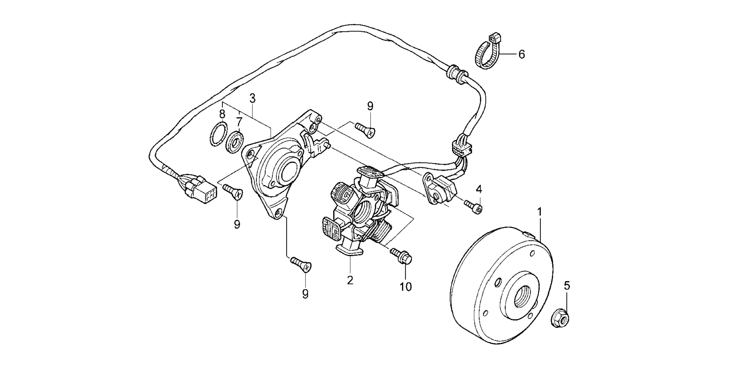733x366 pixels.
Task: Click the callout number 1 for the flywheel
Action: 540,212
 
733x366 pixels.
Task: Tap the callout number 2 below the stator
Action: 349,280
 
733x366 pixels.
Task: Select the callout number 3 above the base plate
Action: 252,99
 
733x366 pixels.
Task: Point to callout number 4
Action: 479,189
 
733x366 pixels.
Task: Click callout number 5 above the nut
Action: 567,286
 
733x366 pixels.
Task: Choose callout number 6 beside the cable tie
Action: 522,55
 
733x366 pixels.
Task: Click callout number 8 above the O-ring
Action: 222,114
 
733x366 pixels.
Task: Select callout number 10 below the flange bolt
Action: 405,287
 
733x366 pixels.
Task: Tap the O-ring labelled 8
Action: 218,134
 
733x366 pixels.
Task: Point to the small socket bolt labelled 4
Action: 473,206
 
